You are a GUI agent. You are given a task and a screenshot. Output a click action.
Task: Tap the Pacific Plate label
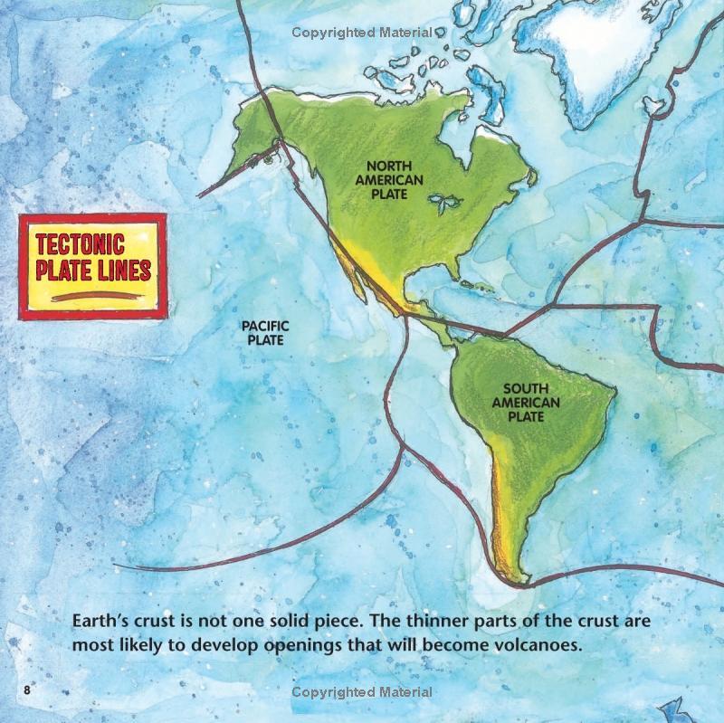tap(263, 333)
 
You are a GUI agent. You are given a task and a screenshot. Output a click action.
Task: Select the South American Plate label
tap(525, 403)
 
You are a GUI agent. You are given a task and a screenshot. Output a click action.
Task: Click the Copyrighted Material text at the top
tap(361, 33)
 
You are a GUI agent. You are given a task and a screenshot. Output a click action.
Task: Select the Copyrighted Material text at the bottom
tap(361, 692)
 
